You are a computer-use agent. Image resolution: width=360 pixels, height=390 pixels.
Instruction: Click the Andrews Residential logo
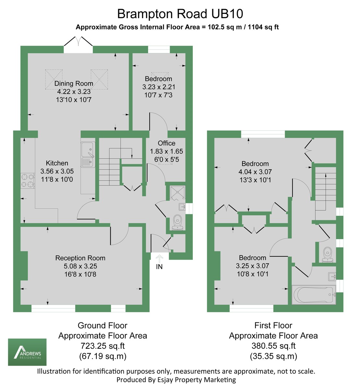pyautogui.click(x=27, y=352)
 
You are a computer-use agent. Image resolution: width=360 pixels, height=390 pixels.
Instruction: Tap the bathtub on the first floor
pyautogui.click(x=314, y=295)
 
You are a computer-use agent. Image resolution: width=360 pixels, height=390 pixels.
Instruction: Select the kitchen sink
pyautogui.click(x=88, y=155)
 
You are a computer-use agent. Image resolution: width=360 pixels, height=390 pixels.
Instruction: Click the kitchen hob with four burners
pyautogui.click(x=28, y=181)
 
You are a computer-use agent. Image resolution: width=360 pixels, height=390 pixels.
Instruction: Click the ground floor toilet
pyautogui.click(x=177, y=222)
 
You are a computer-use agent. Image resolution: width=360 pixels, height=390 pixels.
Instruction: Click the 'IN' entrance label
pyautogui.click(x=159, y=267)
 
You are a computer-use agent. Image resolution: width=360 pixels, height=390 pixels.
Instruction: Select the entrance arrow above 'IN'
pyautogui.click(x=159, y=259)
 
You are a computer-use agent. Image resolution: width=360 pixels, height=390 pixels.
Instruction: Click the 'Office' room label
pyautogui.click(x=167, y=143)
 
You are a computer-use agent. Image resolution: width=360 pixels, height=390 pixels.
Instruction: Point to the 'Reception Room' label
pyautogui.click(x=80, y=258)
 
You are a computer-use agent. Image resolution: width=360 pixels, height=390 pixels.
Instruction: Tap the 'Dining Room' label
pyautogui.click(x=74, y=84)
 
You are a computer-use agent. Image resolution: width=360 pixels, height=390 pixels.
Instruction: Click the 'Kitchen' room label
pyautogui.click(x=57, y=163)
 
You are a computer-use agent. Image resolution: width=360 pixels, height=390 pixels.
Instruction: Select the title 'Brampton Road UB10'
pyautogui.click(x=180, y=14)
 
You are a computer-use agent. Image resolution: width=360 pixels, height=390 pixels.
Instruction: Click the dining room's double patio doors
pyautogui.click(x=78, y=44)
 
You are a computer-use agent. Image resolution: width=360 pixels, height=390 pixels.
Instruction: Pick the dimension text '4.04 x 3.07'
pyautogui.click(x=255, y=172)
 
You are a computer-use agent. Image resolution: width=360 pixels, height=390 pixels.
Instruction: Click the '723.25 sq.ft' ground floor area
pyautogui.click(x=103, y=346)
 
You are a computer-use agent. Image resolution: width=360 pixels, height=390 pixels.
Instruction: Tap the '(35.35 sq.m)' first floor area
pyautogui.click(x=273, y=356)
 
